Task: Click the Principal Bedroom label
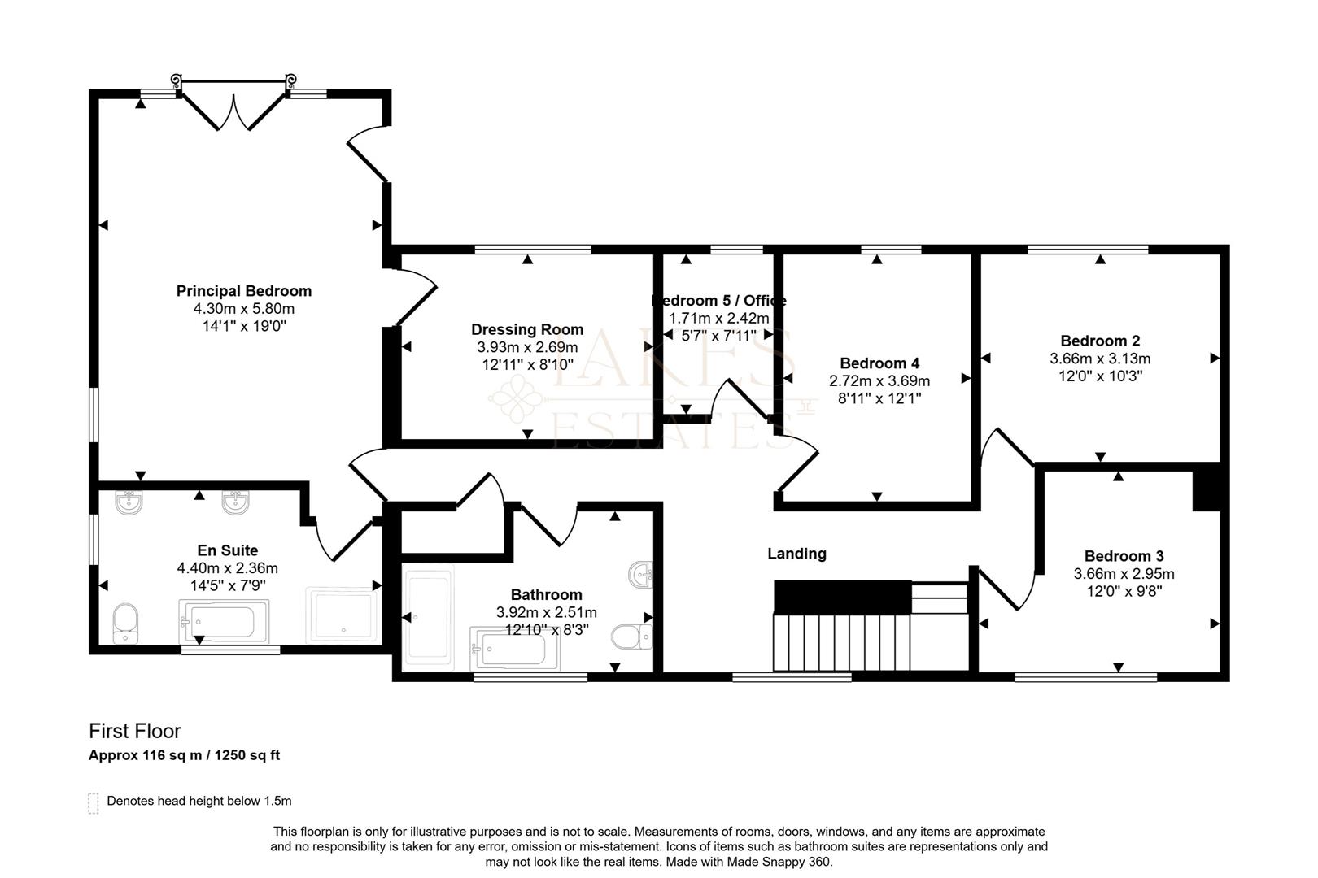point(243,291)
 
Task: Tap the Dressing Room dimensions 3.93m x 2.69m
point(527,347)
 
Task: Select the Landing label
point(796,554)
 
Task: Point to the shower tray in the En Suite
point(342,615)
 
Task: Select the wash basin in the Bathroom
point(642,574)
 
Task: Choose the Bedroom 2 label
point(1100,341)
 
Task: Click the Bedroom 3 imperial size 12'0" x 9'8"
point(1124,592)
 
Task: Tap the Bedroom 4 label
point(879,363)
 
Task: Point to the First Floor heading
point(135,731)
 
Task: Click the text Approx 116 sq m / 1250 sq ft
point(184,755)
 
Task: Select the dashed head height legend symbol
point(93,802)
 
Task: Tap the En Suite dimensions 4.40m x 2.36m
point(227,568)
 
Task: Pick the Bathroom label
point(546,595)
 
